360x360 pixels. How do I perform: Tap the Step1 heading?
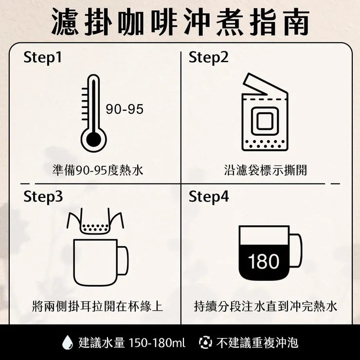[43, 58]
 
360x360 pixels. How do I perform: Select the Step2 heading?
[208, 58]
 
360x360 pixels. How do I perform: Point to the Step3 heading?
[43, 197]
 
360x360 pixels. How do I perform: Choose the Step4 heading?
[208, 197]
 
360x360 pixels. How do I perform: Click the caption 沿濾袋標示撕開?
[265, 171]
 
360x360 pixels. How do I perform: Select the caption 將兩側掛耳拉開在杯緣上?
[97, 306]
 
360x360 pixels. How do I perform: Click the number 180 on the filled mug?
[264, 261]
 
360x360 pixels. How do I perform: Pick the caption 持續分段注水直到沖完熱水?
[265, 306]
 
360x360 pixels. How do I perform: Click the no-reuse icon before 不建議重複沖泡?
[206, 342]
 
